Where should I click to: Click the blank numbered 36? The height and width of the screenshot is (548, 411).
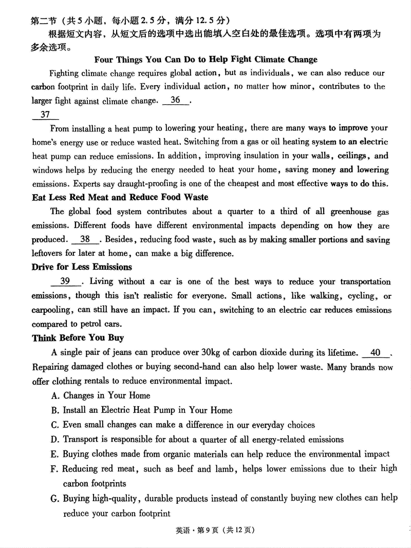pos(176,101)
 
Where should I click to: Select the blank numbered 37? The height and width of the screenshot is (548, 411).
pos(45,115)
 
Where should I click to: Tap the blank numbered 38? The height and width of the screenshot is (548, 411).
pos(85,239)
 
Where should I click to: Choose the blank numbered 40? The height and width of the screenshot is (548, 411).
pos(376,352)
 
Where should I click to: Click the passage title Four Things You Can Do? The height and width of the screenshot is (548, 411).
pos(206,60)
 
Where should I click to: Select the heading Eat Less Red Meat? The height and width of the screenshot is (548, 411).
pos(120,197)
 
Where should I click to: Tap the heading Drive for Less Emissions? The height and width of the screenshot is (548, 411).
pos(82,267)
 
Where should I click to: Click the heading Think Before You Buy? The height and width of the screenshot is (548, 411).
pos(78,338)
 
